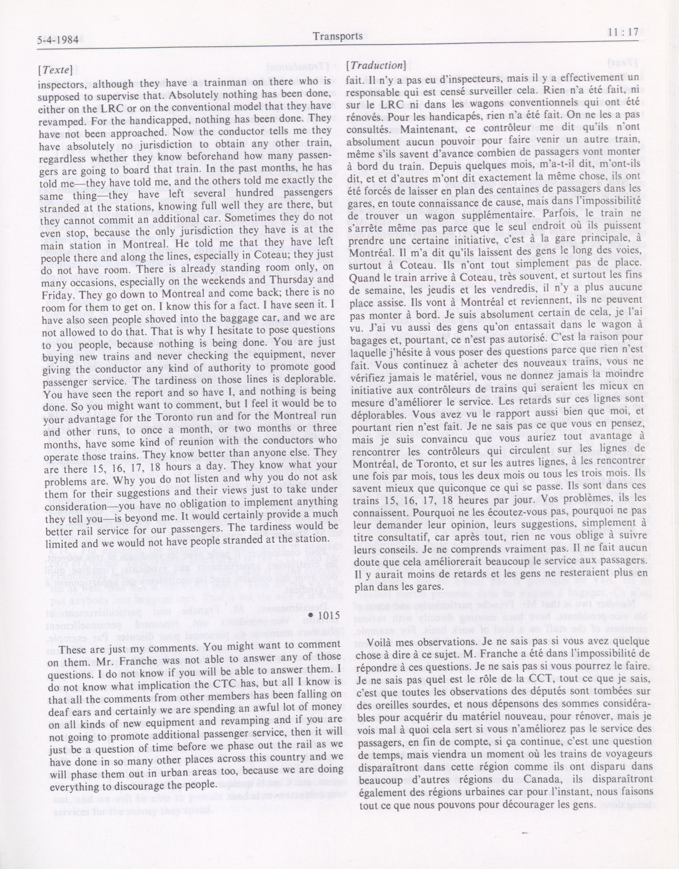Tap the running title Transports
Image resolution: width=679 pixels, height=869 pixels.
click(338, 36)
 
